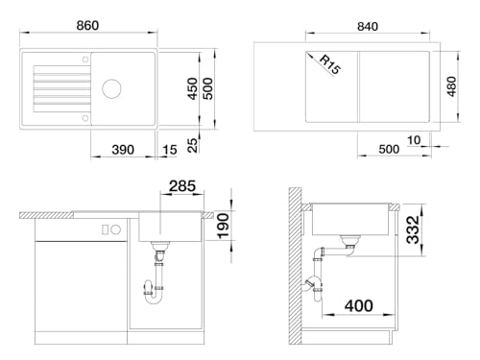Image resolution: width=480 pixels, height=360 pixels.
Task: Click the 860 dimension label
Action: tap(87, 26)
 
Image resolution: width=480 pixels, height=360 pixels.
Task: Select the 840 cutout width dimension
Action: tap(368, 27)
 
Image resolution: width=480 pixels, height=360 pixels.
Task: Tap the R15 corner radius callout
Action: tap(330, 65)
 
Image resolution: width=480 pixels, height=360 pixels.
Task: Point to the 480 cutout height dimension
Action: tap(451, 86)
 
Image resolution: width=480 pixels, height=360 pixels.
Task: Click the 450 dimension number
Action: tap(193, 88)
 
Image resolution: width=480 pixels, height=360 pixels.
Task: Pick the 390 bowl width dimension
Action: tap(123, 150)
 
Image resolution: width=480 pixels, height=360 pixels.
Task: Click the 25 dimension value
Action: tap(193, 145)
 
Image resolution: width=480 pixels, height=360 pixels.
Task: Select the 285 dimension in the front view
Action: tap(182, 186)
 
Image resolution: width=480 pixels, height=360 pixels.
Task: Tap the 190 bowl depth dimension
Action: tap(223, 226)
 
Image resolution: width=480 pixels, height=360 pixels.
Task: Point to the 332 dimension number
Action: tap(413, 229)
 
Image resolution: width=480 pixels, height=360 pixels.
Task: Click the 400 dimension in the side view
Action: tap(359, 306)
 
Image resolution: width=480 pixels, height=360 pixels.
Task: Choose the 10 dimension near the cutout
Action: tap(414, 140)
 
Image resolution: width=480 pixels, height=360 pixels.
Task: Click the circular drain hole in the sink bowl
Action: tap(111, 88)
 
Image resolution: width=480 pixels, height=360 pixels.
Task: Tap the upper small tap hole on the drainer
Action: tap(85, 60)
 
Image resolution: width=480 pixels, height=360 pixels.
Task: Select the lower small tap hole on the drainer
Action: tap(85, 118)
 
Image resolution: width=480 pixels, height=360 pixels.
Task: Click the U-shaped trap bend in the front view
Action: tap(154, 300)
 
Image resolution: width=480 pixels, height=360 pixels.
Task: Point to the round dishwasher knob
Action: tap(116, 229)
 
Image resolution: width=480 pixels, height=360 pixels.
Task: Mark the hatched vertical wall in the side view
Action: tap(295, 266)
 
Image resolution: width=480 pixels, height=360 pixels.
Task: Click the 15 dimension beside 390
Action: tap(170, 150)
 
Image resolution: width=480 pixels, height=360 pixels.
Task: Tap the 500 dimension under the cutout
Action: tap(389, 150)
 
